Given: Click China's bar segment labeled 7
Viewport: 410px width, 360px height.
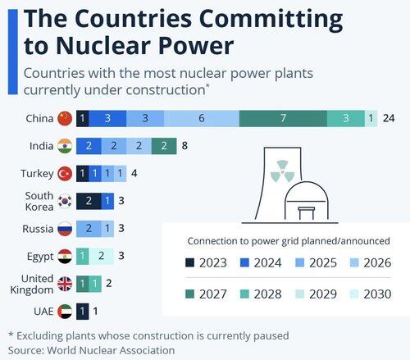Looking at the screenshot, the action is pyautogui.click(x=283, y=118).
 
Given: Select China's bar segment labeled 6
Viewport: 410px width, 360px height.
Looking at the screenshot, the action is pyautogui.click(x=202, y=118).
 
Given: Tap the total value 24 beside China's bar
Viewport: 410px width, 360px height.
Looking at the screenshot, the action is pyautogui.click(x=389, y=118).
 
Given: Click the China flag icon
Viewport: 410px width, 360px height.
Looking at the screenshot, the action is pyautogui.click(x=65, y=118).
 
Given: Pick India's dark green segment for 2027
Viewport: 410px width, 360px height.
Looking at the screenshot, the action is pyautogui.click(x=164, y=146).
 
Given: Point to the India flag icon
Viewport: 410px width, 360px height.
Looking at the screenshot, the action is pyautogui.click(x=65, y=146).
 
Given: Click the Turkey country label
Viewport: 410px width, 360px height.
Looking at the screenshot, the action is pyautogui.click(x=37, y=174).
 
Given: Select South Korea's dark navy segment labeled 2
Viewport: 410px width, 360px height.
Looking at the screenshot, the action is pyautogui.click(x=89, y=201).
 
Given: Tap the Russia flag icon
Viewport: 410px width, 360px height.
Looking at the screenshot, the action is pyautogui.click(x=65, y=229).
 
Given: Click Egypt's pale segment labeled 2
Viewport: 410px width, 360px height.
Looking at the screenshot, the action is pyautogui.click(x=101, y=256).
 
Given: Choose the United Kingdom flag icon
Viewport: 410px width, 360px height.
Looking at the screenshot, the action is pyautogui.click(x=65, y=284).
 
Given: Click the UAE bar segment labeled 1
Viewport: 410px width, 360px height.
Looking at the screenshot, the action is pyautogui.click(x=82, y=312).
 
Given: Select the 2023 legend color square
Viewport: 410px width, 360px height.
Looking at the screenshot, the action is pyautogui.click(x=189, y=262).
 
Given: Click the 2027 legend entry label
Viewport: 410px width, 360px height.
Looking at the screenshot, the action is pyautogui.click(x=213, y=294).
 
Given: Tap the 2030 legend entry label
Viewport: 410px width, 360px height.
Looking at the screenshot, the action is pyautogui.click(x=377, y=294).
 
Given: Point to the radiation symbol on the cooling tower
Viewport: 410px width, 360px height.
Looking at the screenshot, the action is pyautogui.click(x=282, y=171).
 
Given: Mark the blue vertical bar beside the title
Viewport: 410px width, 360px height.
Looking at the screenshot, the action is pyautogui.click(x=13, y=52).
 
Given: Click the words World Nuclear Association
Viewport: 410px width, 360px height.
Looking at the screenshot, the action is pyautogui.click(x=111, y=350).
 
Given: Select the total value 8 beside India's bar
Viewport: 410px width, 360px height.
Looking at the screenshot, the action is pyautogui.click(x=184, y=146).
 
